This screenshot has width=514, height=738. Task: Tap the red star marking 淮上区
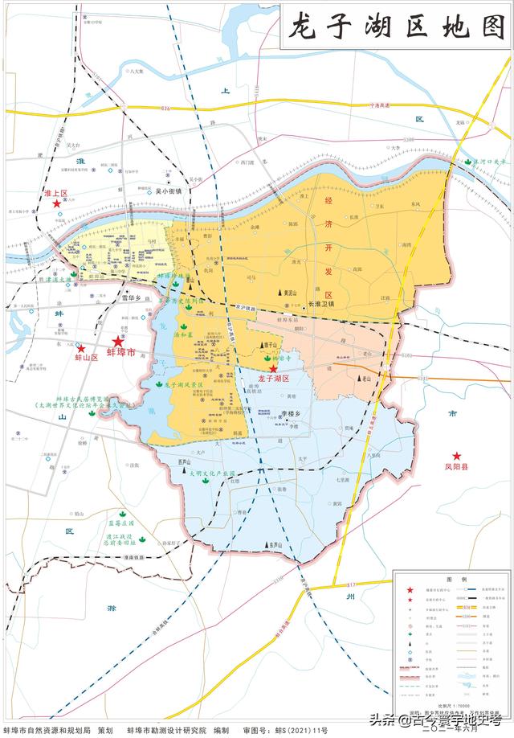pos(56,204)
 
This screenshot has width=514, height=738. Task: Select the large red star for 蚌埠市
pos(118,341)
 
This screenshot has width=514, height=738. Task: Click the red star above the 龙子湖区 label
pos(273,368)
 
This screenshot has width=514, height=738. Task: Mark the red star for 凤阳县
pos(456,456)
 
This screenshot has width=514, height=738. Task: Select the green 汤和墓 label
pos(185,333)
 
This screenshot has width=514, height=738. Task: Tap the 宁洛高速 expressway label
pos(385,105)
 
